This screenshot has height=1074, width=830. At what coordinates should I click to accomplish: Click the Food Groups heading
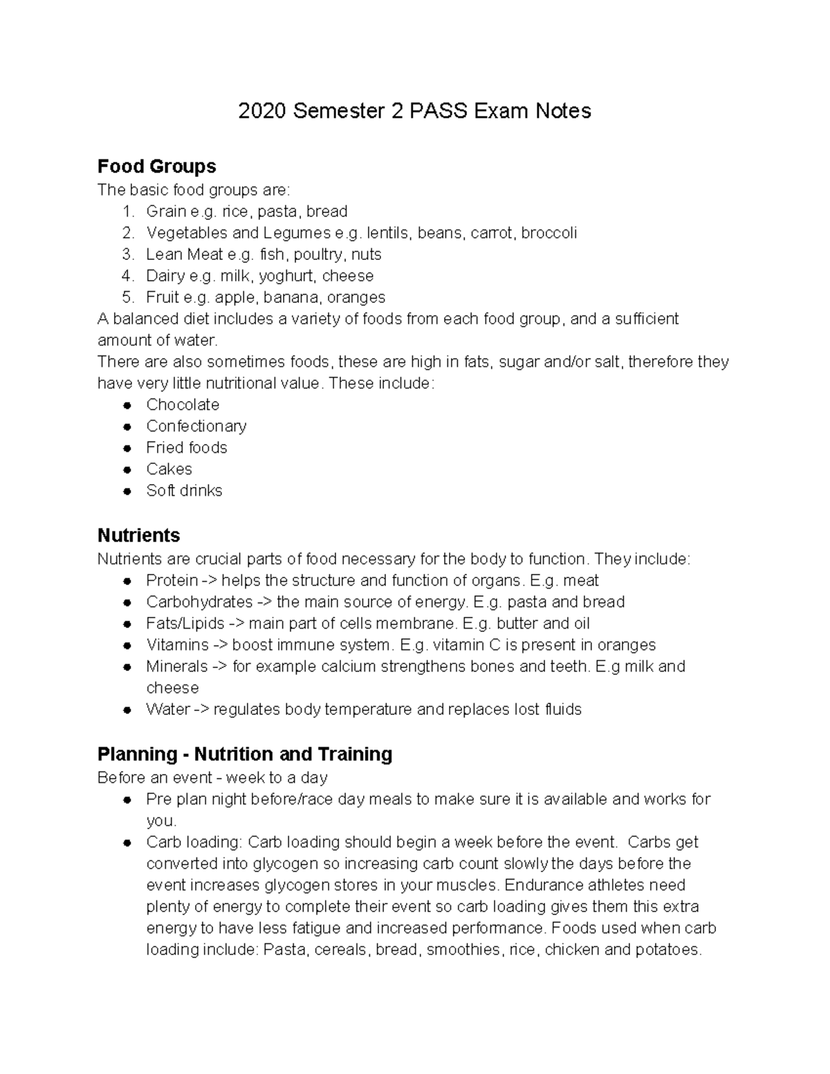point(156,166)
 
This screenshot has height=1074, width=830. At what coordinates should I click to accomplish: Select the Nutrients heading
point(138,535)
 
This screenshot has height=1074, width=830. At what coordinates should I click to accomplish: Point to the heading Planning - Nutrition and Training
point(245,754)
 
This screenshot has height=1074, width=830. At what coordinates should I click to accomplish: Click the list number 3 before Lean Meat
point(128,254)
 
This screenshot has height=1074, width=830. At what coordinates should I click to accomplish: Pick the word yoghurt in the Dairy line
point(287,276)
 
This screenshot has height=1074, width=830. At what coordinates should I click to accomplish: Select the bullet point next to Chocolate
point(127,405)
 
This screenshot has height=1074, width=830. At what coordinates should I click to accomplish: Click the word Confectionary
point(196,426)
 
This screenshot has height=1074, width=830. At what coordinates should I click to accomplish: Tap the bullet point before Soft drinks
point(127,491)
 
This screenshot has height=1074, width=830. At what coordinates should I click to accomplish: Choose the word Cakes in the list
point(169,469)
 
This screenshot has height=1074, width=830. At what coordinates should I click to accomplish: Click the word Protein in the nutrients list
point(172,580)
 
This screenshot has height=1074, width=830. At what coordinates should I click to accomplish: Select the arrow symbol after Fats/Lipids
point(237,623)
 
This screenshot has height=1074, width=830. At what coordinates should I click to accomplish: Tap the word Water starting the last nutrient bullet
point(167,710)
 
